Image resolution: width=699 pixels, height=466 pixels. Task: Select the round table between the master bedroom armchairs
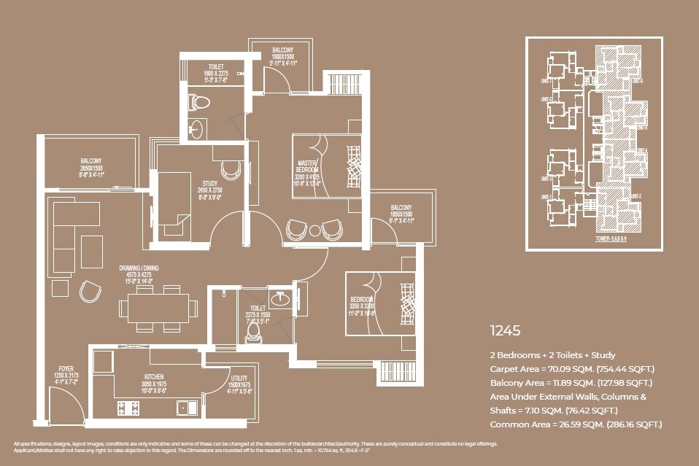pos(314,231)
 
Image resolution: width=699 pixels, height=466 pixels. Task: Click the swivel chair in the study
pos(231,169)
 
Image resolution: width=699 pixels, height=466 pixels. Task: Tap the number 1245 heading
pos(505,330)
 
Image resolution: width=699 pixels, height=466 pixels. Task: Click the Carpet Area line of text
pos(572,369)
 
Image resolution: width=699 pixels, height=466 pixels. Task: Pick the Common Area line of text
pos(576,424)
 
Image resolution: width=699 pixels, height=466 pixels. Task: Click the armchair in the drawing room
pos(91,290)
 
